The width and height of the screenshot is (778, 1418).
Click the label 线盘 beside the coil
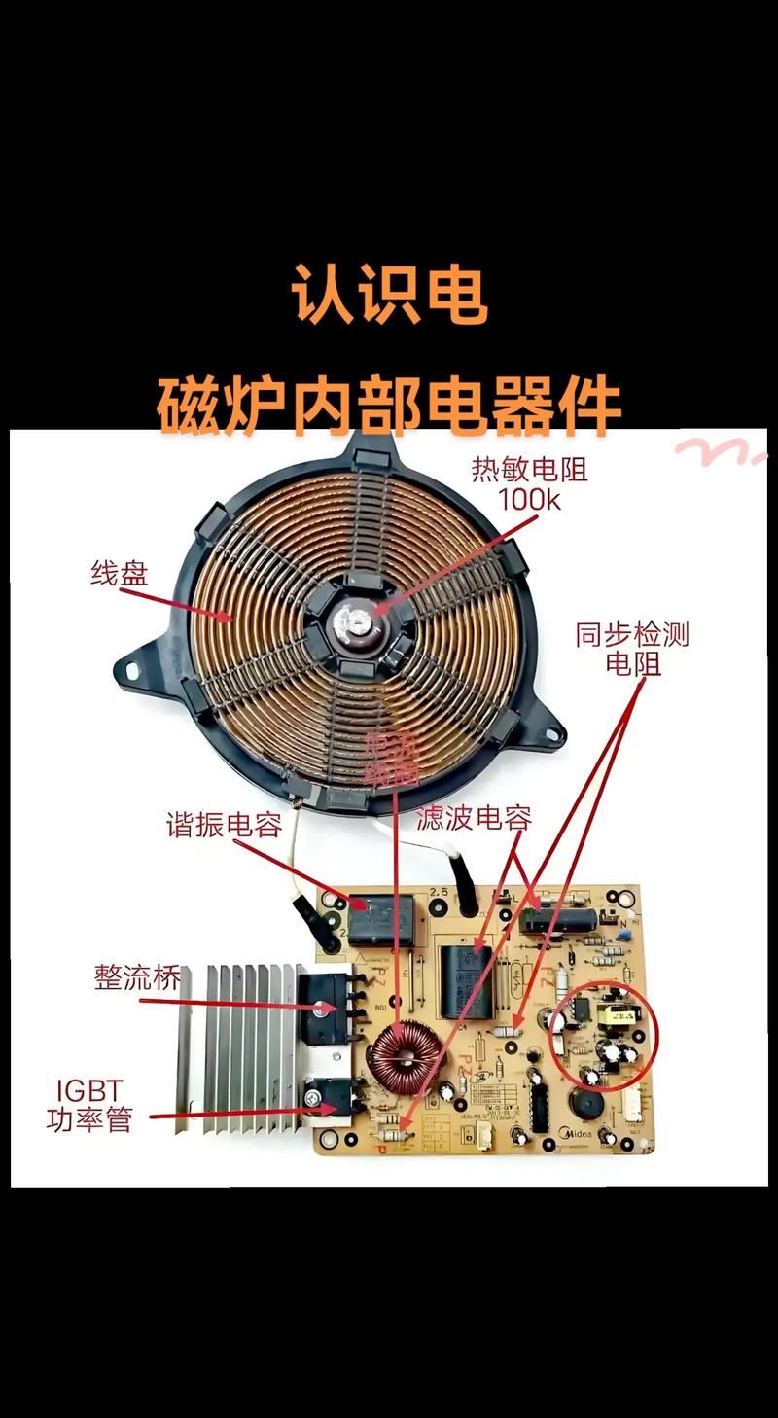tap(120, 574)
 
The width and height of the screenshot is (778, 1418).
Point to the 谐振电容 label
tap(224, 825)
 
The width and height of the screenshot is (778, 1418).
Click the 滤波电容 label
tap(475, 817)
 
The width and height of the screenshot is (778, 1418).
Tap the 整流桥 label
tap(137, 976)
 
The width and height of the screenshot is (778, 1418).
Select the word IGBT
tap(88, 1088)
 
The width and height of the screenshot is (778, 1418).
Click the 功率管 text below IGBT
tap(88, 1119)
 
